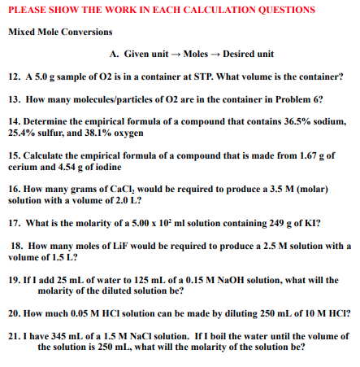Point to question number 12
point(13,77)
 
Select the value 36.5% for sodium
point(301,119)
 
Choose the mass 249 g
point(280,221)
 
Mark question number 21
point(13,334)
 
